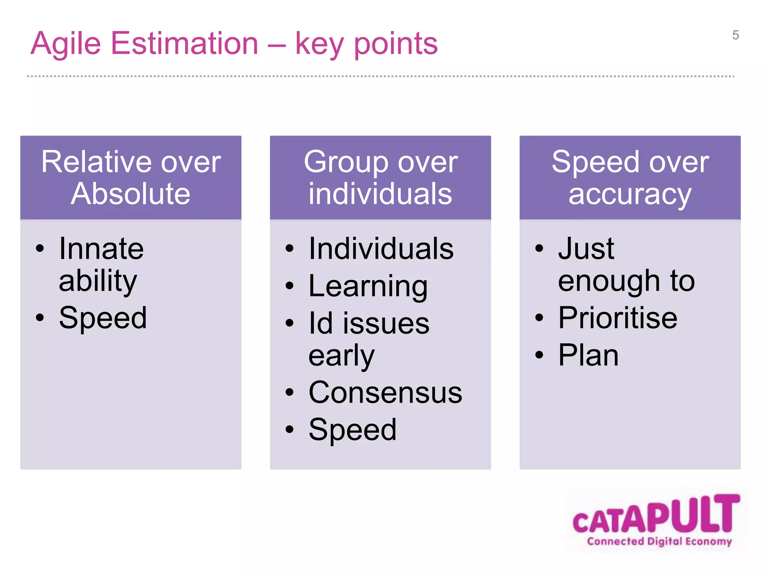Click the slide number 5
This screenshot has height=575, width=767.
(x=735, y=35)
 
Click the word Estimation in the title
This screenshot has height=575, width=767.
(x=185, y=43)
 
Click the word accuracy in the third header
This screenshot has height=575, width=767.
(x=630, y=195)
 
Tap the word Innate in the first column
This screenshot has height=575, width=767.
(x=101, y=249)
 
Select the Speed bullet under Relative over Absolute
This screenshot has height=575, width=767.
(x=103, y=318)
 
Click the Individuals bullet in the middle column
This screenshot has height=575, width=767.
(x=381, y=249)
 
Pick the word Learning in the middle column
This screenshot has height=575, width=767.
(x=368, y=286)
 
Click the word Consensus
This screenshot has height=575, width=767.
(x=385, y=393)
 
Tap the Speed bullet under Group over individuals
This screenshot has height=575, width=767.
(x=352, y=430)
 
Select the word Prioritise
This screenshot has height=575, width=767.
(x=618, y=318)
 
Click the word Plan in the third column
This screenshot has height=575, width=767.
(x=588, y=355)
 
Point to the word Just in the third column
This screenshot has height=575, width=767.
(x=586, y=249)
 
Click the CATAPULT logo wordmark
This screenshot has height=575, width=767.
(x=656, y=515)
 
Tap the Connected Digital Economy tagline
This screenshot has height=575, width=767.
(x=659, y=541)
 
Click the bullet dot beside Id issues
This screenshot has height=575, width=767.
(x=289, y=323)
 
